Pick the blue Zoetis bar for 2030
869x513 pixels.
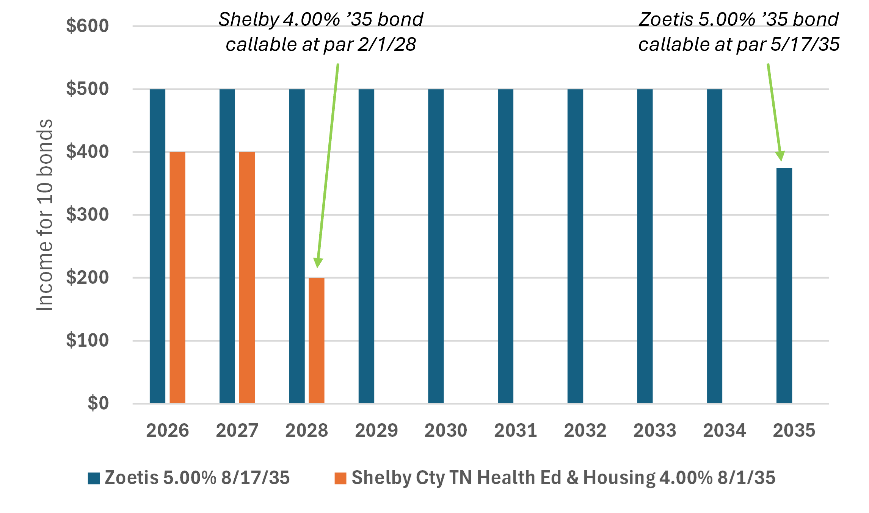436,246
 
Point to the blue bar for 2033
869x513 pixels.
645,246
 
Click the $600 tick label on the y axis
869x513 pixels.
87,26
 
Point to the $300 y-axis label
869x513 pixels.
87,215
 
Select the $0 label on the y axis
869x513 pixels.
98,403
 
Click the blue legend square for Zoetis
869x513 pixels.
94,478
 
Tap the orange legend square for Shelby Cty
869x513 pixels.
340,478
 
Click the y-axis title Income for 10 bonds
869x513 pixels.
45,215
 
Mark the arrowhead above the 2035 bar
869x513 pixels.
780,156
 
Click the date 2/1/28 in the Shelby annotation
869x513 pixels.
387,45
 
